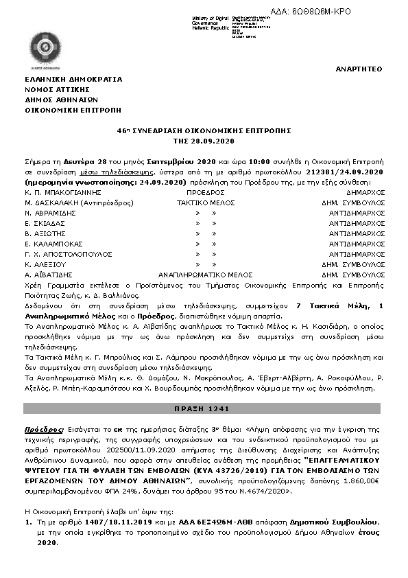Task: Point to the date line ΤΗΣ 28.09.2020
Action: coord(204,139)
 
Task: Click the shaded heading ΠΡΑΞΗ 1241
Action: coord(204,408)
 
